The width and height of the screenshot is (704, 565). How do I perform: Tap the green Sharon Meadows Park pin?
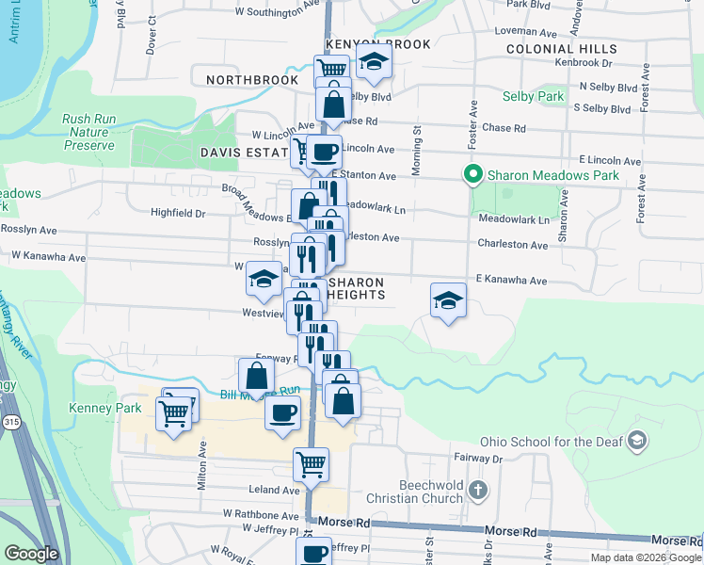(472, 174)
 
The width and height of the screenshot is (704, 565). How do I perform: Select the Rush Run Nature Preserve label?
(88, 132)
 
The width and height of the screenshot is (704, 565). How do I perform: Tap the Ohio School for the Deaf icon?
(637, 441)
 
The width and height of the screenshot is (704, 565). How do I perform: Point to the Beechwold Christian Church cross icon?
(478, 490)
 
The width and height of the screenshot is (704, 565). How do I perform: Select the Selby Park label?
(536, 96)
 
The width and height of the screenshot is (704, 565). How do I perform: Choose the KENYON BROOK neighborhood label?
(377, 44)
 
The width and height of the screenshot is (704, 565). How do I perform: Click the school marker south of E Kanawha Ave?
(448, 300)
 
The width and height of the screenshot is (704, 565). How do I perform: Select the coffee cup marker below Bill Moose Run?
(282, 412)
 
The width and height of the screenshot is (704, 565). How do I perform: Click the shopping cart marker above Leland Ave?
(311, 463)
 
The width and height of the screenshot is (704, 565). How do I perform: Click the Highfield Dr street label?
(178, 214)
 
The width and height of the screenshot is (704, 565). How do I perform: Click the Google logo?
(31, 553)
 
